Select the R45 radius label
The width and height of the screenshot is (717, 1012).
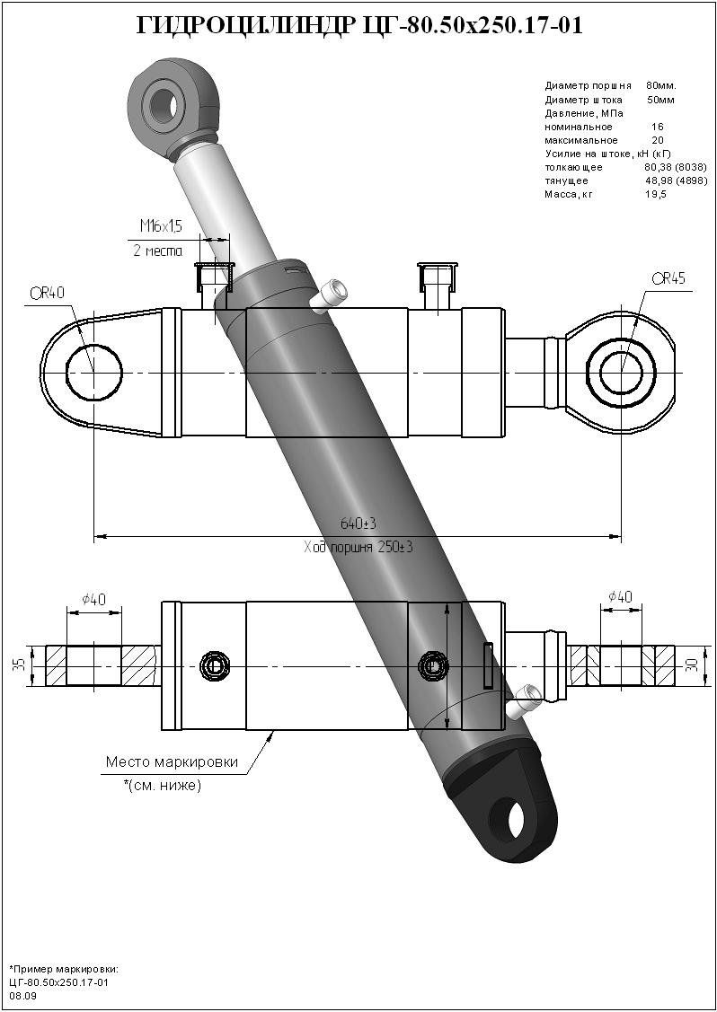coord(668,278)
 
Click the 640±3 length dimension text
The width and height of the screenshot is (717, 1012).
coord(357,524)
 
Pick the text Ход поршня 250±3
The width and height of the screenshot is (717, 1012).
coord(358,547)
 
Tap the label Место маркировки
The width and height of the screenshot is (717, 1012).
coord(172,761)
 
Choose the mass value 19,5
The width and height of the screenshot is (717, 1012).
coord(656,194)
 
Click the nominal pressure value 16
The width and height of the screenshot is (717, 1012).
coord(658,127)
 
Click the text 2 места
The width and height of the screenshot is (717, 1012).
coord(157,251)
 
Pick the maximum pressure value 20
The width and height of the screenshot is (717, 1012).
coord(658,140)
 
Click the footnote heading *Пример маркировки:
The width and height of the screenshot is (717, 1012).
coord(64,970)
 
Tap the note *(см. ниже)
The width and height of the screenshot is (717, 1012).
coord(163,786)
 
